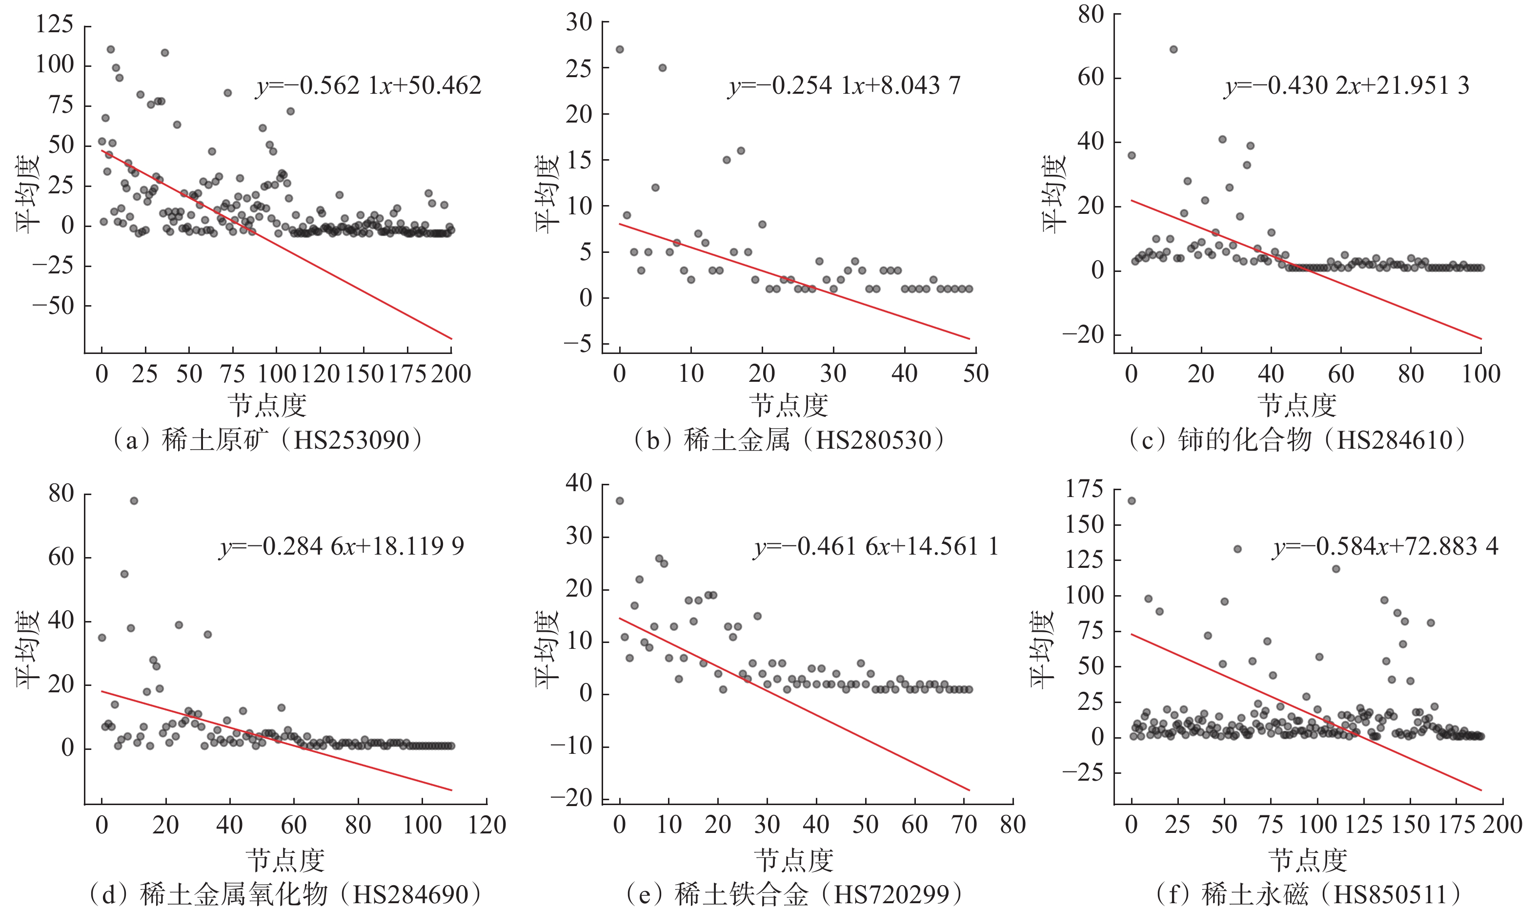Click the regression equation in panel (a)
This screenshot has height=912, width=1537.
click(368, 85)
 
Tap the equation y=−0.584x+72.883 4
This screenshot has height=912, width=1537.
click(1386, 546)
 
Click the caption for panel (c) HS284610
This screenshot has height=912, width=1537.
click(1297, 440)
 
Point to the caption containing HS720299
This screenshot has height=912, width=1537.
click(794, 894)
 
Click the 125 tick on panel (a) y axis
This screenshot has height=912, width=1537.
click(55, 24)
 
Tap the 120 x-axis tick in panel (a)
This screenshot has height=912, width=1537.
click(320, 373)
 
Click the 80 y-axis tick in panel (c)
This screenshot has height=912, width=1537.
click(1091, 15)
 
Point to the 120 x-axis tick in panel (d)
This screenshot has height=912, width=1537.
click(487, 825)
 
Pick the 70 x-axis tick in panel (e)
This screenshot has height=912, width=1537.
click(964, 825)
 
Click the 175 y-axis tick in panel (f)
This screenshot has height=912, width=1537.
click(1084, 489)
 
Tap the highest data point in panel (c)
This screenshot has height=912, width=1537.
click(1173, 49)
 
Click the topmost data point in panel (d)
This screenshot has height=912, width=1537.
click(134, 501)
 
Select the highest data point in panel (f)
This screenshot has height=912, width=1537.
click(1132, 501)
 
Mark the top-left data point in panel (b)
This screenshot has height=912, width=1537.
click(620, 49)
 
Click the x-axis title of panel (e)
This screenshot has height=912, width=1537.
click(793, 860)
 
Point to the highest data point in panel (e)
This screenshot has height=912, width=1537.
click(620, 501)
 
